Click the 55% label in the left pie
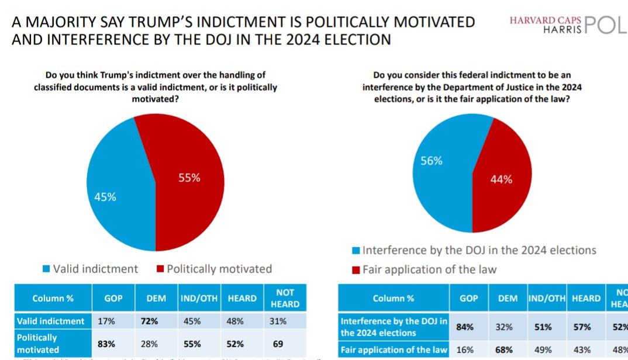[189, 178]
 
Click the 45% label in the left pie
[105, 197]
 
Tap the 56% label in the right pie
[432, 161]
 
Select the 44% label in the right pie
[501, 179]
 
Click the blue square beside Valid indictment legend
[46, 269]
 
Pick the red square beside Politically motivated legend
[160, 269]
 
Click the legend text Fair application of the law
[429, 269]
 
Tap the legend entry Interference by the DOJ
[479, 250]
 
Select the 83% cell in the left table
[113, 342]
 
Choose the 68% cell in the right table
[508, 349]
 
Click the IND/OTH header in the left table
[199, 298]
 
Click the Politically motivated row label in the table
[37, 342]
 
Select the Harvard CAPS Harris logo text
[546, 24]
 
